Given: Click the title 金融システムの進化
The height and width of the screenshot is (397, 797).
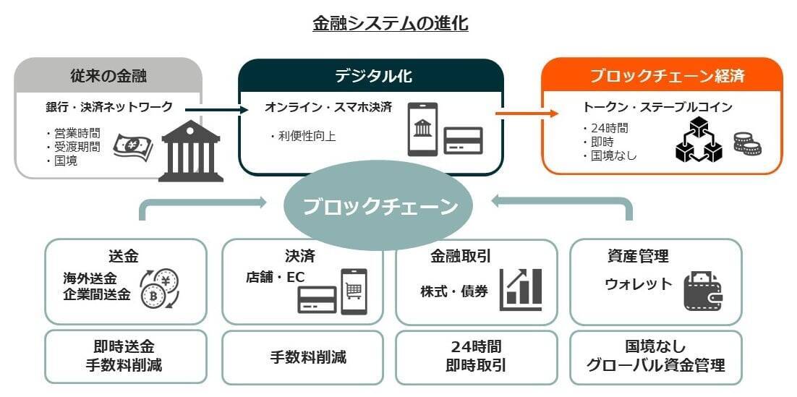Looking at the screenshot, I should [390, 24].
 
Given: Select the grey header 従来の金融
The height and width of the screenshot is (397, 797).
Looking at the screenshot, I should [108, 75].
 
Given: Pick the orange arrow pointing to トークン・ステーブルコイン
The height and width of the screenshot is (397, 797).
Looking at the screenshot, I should [527, 113].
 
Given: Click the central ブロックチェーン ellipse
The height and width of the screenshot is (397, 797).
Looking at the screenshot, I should [380, 207].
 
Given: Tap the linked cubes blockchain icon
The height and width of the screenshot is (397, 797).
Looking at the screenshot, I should [698, 141].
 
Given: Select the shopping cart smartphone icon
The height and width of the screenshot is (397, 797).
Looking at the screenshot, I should [354, 291].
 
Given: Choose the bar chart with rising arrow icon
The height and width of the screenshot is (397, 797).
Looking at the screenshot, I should [521, 290].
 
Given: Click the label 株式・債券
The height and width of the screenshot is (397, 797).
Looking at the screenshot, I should [454, 291].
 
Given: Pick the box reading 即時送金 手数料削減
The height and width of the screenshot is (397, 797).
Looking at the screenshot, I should [124, 356].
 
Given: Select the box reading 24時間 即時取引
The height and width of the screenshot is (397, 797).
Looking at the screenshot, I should [476, 356].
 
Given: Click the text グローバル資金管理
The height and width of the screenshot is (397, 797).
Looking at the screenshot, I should [656, 365].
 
